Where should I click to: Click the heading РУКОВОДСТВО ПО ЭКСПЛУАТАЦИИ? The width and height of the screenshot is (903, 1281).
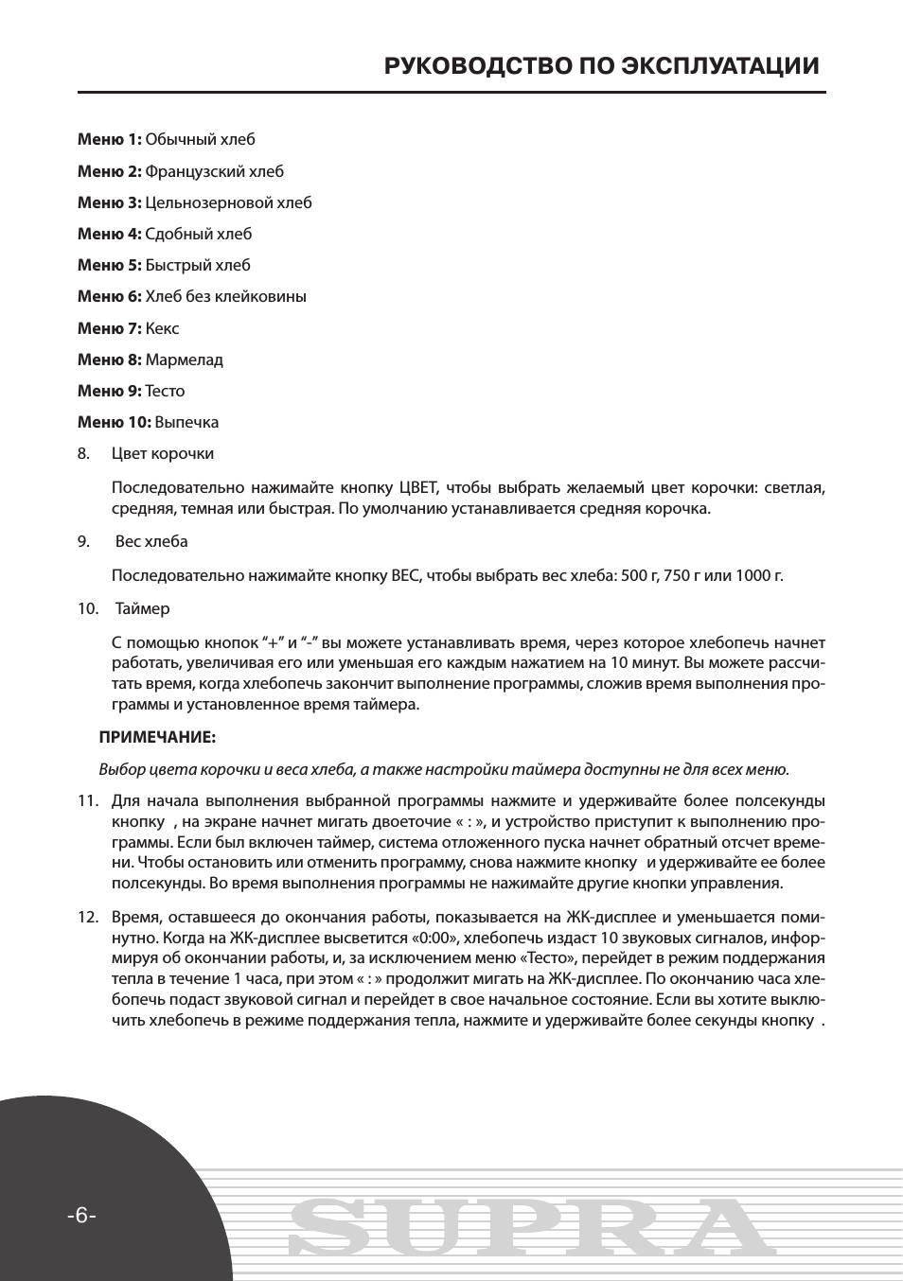(x=601, y=66)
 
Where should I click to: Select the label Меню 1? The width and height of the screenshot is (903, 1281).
(x=109, y=140)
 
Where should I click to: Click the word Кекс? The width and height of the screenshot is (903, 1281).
(x=162, y=328)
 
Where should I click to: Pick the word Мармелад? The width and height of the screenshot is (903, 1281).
(x=184, y=360)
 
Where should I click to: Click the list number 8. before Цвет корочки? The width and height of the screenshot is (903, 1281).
(x=84, y=453)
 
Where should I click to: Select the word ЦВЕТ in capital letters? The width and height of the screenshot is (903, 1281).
(x=418, y=488)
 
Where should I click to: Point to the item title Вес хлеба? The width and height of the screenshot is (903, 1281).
(x=151, y=541)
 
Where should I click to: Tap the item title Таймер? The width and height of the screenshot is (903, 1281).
(x=143, y=608)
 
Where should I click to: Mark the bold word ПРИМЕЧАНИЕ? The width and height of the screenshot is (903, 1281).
(x=157, y=737)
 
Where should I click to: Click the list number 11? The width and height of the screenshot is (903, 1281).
(x=88, y=801)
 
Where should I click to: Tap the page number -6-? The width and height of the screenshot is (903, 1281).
(x=81, y=1216)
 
